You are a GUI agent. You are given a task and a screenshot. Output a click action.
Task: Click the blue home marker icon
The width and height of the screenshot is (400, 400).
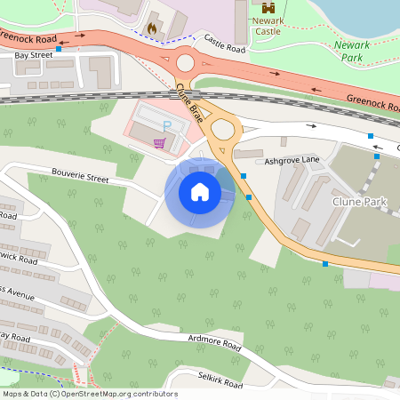tap(200, 192)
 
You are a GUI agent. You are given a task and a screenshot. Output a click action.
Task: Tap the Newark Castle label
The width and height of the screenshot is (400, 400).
tap(268, 25)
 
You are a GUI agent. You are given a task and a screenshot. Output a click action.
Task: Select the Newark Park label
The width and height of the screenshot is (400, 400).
tap(352, 51)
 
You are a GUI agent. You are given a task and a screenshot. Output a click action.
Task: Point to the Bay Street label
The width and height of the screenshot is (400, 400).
tap(33, 55)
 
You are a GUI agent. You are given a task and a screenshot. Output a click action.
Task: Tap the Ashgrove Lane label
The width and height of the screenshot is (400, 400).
tap(292, 161)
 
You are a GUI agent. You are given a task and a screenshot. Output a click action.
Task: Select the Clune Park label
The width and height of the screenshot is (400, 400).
tap(360, 203)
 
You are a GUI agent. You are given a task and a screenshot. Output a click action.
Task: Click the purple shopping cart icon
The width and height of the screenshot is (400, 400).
tap(159, 142)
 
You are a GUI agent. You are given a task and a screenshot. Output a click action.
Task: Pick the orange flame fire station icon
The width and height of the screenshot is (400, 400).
tap(152, 28)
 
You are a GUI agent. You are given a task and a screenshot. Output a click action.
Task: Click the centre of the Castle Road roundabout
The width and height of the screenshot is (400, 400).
tap(185, 63)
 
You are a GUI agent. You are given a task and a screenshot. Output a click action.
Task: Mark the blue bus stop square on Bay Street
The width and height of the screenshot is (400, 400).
tap(59, 50)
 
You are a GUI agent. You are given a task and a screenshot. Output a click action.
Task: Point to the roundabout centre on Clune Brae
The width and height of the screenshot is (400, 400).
tap(222, 130)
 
